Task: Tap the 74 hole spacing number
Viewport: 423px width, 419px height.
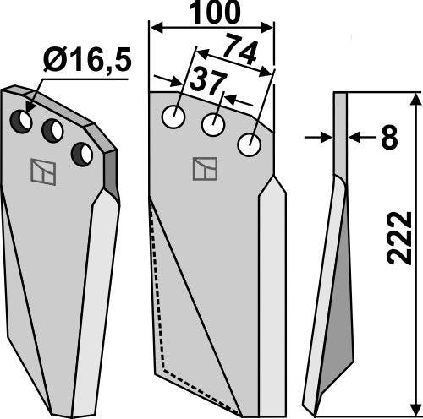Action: (x=242, y=53)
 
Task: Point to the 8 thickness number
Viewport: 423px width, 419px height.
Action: (x=388, y=137)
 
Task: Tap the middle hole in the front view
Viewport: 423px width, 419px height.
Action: (x=212, y=126)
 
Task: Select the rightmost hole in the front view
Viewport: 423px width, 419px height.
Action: (x=249, y=145)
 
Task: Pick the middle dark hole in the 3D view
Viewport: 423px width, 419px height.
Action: (x=52, y=131)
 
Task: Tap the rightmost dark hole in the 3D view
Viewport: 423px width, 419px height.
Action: (x=82, y=153)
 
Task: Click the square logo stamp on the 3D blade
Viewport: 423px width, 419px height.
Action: (x=43, y=171)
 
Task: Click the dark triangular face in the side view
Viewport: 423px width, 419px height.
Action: (x=339, y=279)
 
